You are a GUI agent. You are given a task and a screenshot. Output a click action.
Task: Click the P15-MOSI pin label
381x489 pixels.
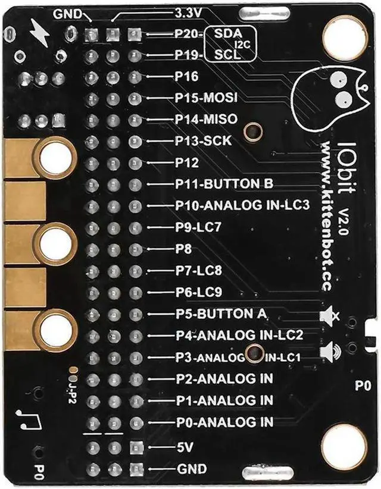click(x=206, y=98)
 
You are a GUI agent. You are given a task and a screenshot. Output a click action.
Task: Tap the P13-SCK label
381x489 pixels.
click(x=203, y=141)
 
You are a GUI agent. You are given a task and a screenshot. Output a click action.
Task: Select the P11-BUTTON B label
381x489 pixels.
click(x=223, y=184)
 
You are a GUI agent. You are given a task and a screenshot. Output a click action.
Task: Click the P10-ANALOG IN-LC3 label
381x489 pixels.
click(x=242, y=206)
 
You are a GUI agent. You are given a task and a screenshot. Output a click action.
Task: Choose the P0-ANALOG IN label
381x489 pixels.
click(x=224, y=422)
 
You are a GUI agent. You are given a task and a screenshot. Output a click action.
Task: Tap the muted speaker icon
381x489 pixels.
click(x=329, y=315)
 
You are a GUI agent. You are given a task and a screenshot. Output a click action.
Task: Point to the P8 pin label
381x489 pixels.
click(x=183, y=249)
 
